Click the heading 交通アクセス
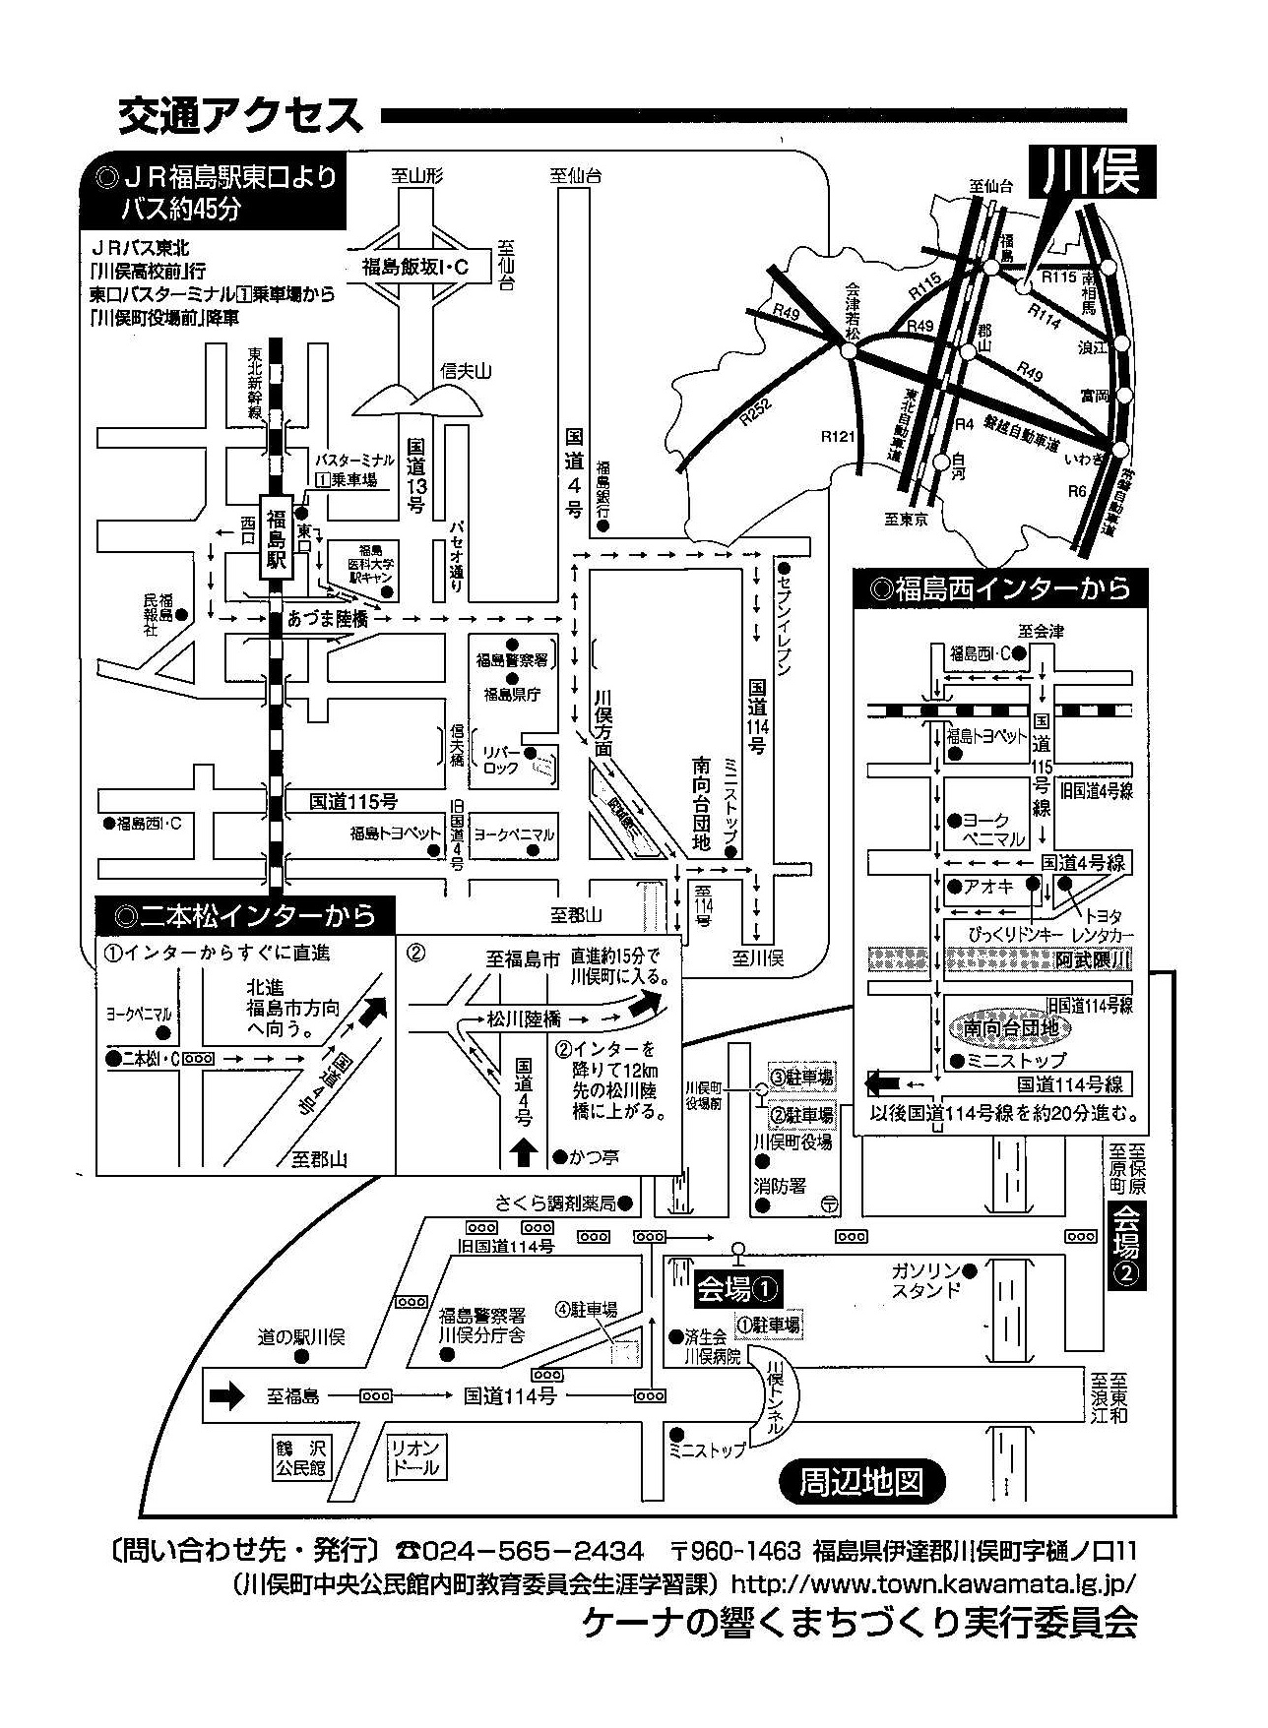[x=240, y=116]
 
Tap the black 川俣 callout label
[x=1091, y=172]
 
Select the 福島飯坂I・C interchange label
[x=414, y=266]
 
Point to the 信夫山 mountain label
[x=466, y=371]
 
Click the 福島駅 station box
[x=276, y=536]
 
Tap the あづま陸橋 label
[x=328, y=619]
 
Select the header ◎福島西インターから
[x=1000, y=589]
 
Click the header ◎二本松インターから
[x=245, y=915]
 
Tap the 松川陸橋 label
[x=525, y=1020]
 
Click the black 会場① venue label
[x=738, y=1288]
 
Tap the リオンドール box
[x=415, y=1457]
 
